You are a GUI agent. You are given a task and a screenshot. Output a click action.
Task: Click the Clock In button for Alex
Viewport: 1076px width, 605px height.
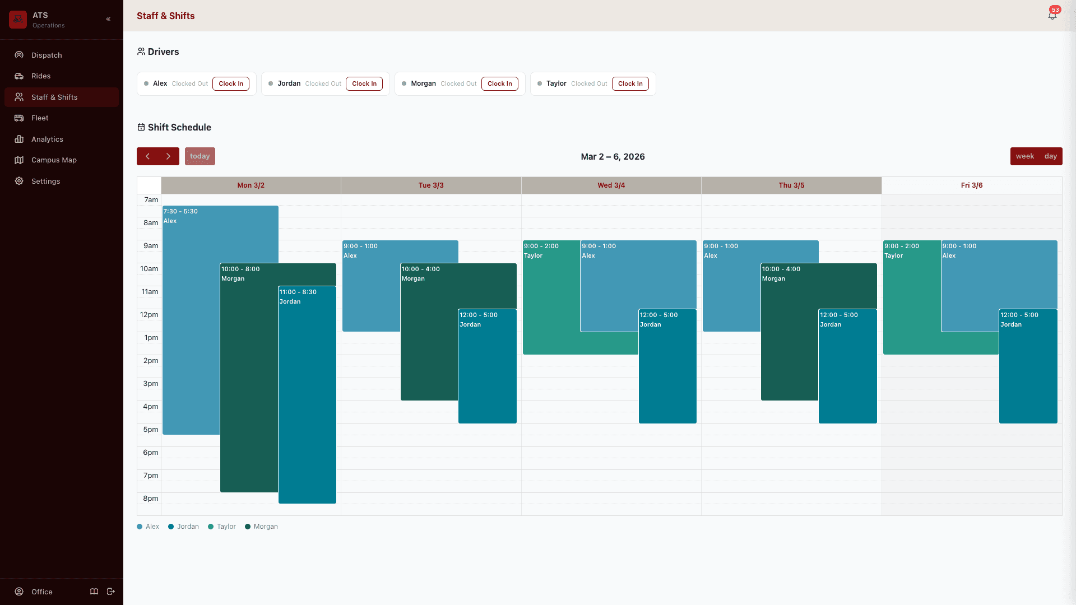(231, 84)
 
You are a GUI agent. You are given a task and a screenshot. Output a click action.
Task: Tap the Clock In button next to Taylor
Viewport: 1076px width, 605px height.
(630, 84)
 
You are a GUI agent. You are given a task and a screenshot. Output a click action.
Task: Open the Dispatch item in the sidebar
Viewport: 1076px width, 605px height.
(47, 55)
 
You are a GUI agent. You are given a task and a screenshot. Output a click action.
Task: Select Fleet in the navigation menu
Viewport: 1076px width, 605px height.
(40, 118)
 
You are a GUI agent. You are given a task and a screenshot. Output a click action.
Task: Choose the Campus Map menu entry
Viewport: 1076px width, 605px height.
(54, 160)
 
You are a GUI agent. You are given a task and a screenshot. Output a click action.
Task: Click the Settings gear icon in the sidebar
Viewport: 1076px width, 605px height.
(19, 182)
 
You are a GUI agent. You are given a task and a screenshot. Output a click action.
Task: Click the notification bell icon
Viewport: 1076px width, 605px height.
(1052, 16)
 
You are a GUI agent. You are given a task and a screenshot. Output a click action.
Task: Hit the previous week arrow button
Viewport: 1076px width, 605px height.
(147, 156)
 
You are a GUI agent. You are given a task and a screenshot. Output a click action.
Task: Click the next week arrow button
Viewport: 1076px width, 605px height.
(168, 156)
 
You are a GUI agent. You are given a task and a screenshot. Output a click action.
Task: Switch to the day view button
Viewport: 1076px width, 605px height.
(1050, 156)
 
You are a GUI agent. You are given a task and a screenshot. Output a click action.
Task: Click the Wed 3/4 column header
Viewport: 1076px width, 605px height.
(611, 185)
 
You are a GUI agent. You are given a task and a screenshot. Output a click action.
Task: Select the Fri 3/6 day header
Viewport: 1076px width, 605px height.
(971, 185)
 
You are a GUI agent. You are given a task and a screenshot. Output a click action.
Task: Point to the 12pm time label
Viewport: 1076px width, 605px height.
(149, 315)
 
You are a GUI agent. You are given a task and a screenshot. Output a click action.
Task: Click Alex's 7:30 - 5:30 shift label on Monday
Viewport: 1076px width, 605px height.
(180, 212)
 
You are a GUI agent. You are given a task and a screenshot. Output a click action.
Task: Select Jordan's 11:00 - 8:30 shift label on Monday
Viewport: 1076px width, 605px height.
(298, 292)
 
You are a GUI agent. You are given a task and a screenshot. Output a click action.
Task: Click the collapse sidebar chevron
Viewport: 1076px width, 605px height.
(108, 19)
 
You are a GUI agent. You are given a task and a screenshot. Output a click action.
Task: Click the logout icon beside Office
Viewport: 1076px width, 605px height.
(111, 592)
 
